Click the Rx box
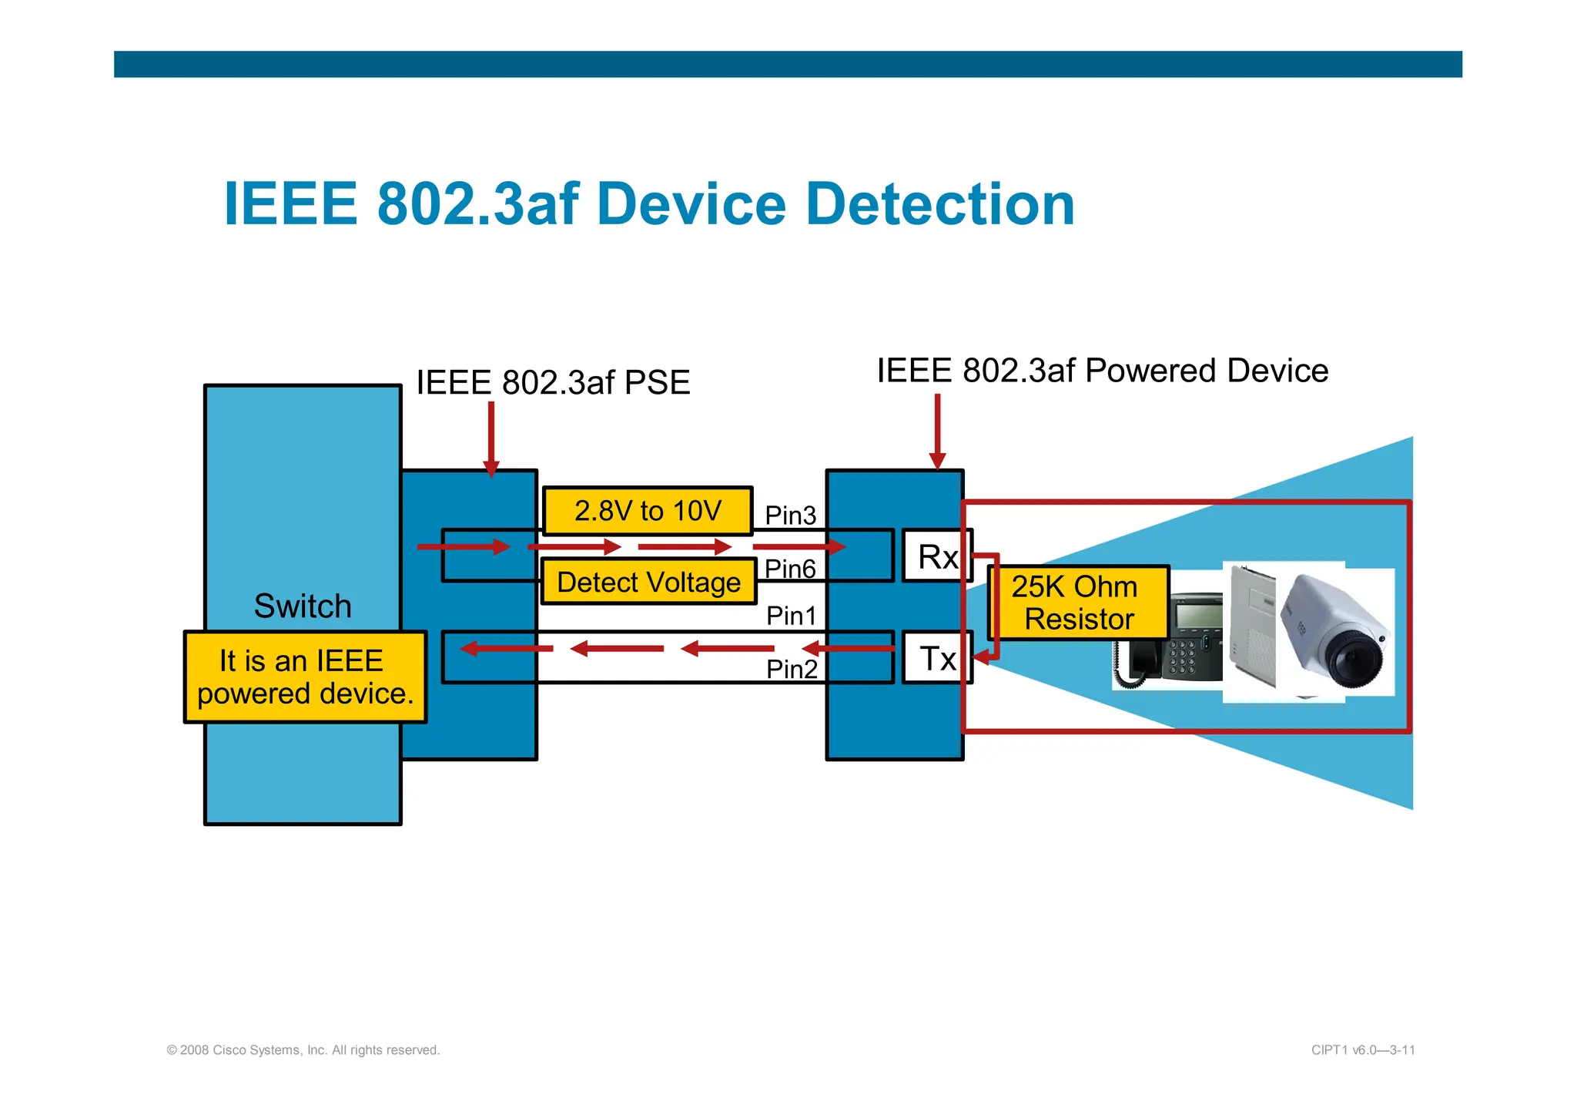tap(937, 556)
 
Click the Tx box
tap(937, 658)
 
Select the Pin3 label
tap(790, 515)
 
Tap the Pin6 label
tap(790, 569)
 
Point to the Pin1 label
tap(791, 616)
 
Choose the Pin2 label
tap(792, 669)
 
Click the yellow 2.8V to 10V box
tap(648, 511)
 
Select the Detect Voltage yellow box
tap(648, 582)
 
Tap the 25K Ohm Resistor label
tap(1077, 603)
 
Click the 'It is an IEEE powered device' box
tap(305, 677)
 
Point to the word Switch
tap(303, 606)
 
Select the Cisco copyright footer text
tap(303, 1050)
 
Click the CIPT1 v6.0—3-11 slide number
tap(1363, 1050)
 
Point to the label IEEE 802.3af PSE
tap(553, 383)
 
